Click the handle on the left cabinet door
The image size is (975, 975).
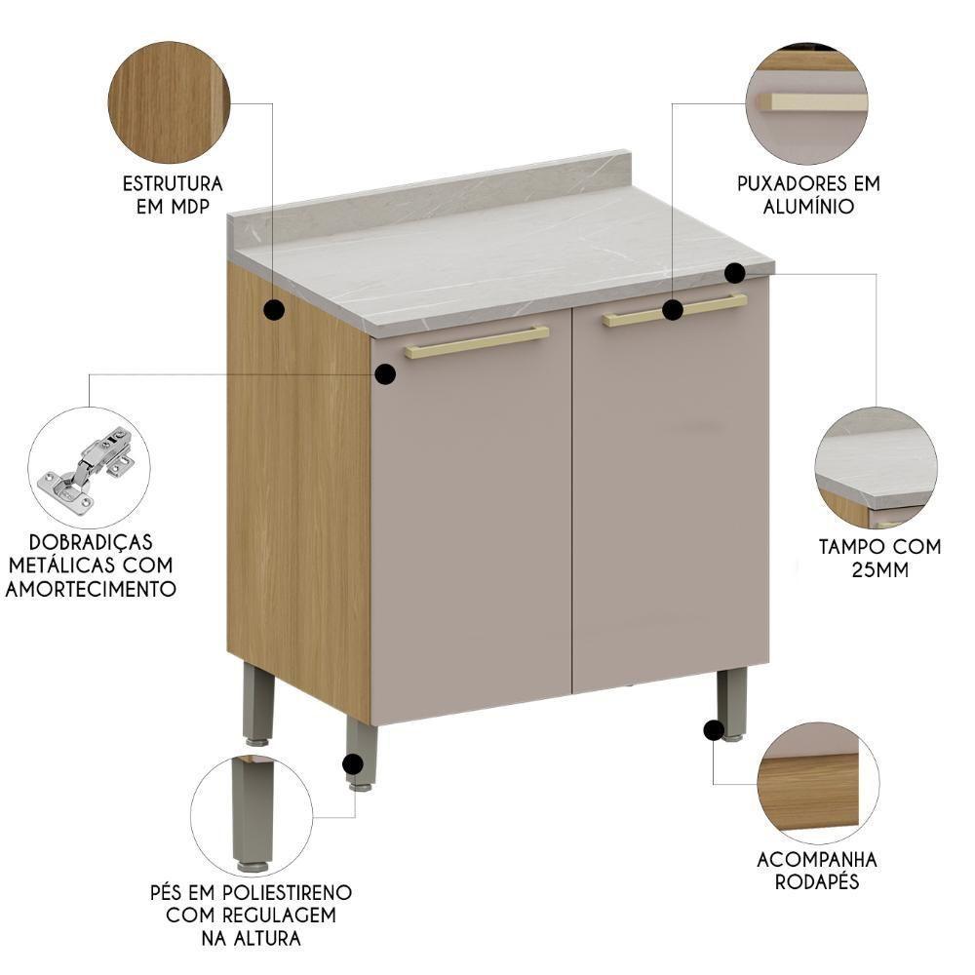pyautogui.click(x=477, y=342)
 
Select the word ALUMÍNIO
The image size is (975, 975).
pyautogui.click(x=808, y=207)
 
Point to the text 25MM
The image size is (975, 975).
pyautogui.click(x=879, y=569)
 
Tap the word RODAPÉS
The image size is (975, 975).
pyautogui.click(x=817, y=881)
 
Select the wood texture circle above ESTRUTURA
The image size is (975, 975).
pyautogui.click(x=169, y=102)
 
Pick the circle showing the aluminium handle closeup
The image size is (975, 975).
pyautogui.click(x=806, y=103)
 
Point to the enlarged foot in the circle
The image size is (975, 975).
pyautogui.click(x=253, y=813)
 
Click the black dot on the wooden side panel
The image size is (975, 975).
pyautogui.click(x=275, y=311)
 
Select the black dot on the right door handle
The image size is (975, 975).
pyautogui.click(x=672, y=310)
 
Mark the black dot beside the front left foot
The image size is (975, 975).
pyautogui.click(x=354, y=764)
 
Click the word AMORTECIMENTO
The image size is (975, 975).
pyautogui.click(x=91, y=589)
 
